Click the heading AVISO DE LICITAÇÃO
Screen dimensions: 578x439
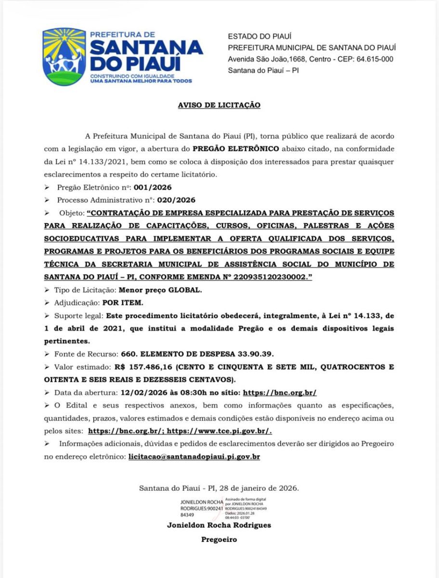click(x=219, y=105)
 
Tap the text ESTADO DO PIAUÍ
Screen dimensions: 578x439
click(x=259, y=36)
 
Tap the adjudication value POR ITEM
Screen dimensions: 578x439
click(x=123, y=303)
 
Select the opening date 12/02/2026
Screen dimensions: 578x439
click(x=124, y=393)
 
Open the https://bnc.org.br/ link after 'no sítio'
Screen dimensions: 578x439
click(x=279, y=393)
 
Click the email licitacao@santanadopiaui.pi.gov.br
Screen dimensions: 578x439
click(x=194, y=457)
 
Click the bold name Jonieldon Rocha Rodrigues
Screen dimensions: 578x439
click(x=219, y=525)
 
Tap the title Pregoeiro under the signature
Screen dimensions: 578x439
click(x=219, y=540)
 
